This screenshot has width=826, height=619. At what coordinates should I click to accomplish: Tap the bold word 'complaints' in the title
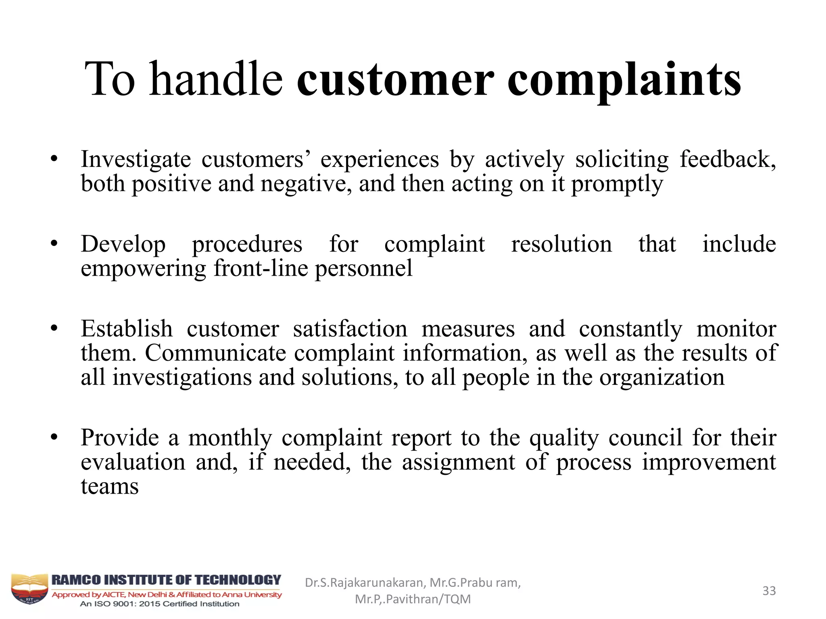(624, 81)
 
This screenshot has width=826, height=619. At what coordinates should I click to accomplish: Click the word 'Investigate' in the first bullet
(136, 160)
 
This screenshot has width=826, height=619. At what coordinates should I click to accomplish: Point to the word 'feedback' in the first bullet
(727, 159)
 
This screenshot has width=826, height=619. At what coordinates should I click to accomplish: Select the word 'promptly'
(617, 185)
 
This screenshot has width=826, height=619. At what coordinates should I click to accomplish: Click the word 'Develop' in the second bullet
(123, 245)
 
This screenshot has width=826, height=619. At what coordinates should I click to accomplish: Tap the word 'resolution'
(561, 244)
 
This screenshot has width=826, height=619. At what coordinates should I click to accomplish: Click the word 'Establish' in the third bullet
(127, 329)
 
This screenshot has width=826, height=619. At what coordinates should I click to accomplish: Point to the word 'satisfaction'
(350, 329)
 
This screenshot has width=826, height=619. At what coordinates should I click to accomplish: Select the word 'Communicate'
(215, 353)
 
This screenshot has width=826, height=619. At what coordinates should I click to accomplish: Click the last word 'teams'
(110, 486)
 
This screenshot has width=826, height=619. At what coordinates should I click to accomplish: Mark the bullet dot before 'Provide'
(54, 437)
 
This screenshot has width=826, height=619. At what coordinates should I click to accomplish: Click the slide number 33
(769, 591)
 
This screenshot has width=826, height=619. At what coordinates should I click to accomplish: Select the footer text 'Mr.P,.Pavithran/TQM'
(413, 599)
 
